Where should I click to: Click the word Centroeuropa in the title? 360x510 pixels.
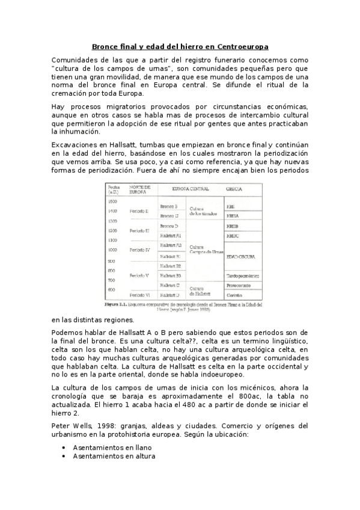click(x=240, y=46)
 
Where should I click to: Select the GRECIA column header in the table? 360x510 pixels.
click(x=234, y=189)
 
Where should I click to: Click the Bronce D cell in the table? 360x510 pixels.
click(x=169, y=226)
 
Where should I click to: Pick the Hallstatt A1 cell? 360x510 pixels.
click(x=171, y=236)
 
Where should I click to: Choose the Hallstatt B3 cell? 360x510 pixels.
click(x=171, y=275)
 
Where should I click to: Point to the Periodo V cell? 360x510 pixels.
click(x=139, y=275)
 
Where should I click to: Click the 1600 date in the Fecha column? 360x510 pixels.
click(x=112, y=201)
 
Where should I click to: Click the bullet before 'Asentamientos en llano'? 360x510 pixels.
click(x=64, y=447)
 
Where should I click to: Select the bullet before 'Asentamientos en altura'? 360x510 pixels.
click(x=64, y=456)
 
